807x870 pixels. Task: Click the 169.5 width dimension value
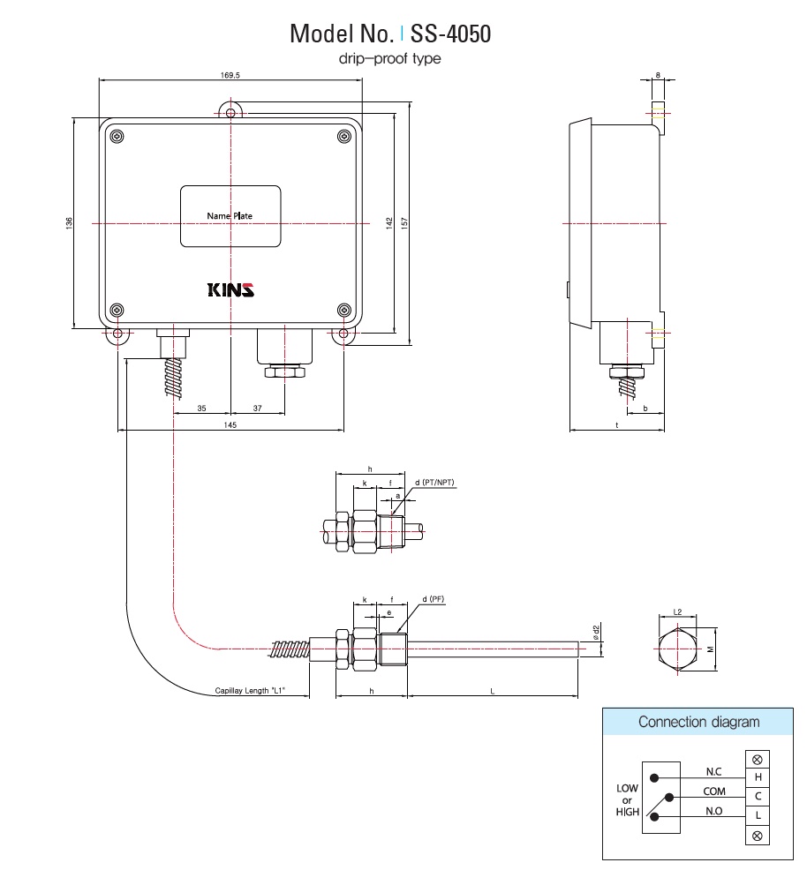coord(230,76)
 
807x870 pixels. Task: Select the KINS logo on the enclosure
coord(230,290)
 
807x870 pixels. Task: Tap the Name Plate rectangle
coord(230,216)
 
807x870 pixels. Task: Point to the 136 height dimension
coord(69,225)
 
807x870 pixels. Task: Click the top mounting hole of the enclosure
coord(231,113)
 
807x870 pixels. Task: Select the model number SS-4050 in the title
coord(450,34)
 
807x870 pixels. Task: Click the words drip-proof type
coord(389,59)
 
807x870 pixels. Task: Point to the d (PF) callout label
coord(433,600)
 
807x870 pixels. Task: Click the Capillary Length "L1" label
coord(251,692)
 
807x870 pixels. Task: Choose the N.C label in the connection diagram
coord(713,771)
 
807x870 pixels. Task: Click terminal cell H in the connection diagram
coord(757,777)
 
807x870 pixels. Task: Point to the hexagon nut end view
coord(678,651)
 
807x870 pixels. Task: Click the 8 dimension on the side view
coord(658,75)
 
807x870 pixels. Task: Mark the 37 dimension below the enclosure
coord(257,408)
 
